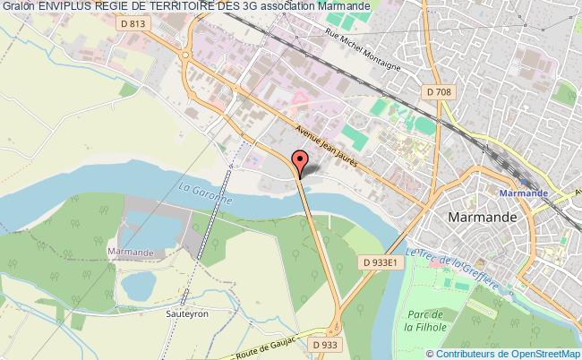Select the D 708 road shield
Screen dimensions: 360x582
(x=438, y=92)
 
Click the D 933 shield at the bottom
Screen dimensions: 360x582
(x=327, y=343)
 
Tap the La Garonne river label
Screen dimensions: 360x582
(x=205, y=194)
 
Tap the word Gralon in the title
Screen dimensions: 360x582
(x=18, y=8)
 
